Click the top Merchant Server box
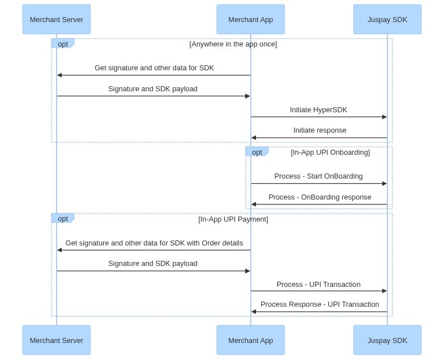point(57,19)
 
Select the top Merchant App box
point(250,19)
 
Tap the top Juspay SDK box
point(387,19)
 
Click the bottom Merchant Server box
point(57,340)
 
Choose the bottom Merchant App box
point(250,340)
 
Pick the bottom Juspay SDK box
point(387,340)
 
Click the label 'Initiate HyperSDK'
point(318,110)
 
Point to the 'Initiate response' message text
point(319,130)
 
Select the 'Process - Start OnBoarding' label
point(318,176)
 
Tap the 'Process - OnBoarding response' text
point(319,197)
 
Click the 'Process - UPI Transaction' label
point(318,285)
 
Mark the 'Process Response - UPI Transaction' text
point(319,304)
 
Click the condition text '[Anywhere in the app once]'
point(233,44)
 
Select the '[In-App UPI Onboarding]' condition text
point(330,153)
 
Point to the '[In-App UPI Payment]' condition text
point(233,219)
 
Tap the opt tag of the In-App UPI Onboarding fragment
point(257,152)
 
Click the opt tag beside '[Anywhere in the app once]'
point(62,44)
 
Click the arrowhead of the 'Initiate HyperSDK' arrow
point(385,117)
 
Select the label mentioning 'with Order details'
point(154,243)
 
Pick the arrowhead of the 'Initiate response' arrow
point(254,138)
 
